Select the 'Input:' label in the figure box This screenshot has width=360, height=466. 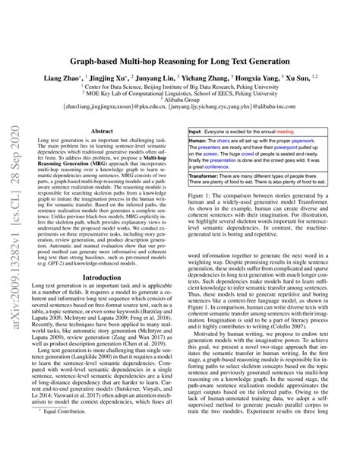pos(200,132)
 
